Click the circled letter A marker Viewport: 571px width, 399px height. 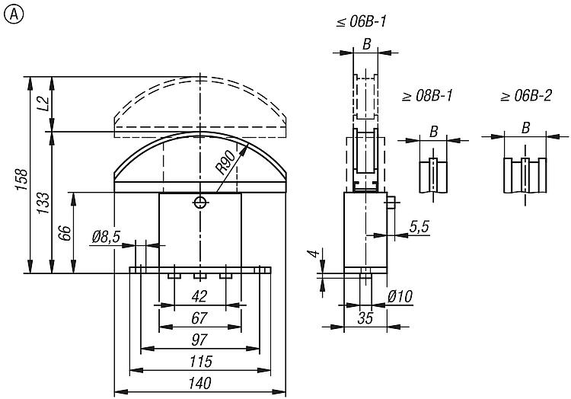pos(12,13)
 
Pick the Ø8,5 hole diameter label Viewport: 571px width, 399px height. pos(106,238)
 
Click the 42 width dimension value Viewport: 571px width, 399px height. pos(199,295)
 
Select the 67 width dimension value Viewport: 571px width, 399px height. pos(199,318)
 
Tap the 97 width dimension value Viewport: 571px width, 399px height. pos(199,339)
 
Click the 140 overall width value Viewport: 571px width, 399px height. pos(199,384)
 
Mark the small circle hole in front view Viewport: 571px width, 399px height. pos(199,202)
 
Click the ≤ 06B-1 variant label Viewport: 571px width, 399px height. pos(362,23)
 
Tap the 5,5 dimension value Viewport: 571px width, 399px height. pos(418,226)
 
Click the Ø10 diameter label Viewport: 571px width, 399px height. pos(400,295)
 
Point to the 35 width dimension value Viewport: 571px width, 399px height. pos(365,319)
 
